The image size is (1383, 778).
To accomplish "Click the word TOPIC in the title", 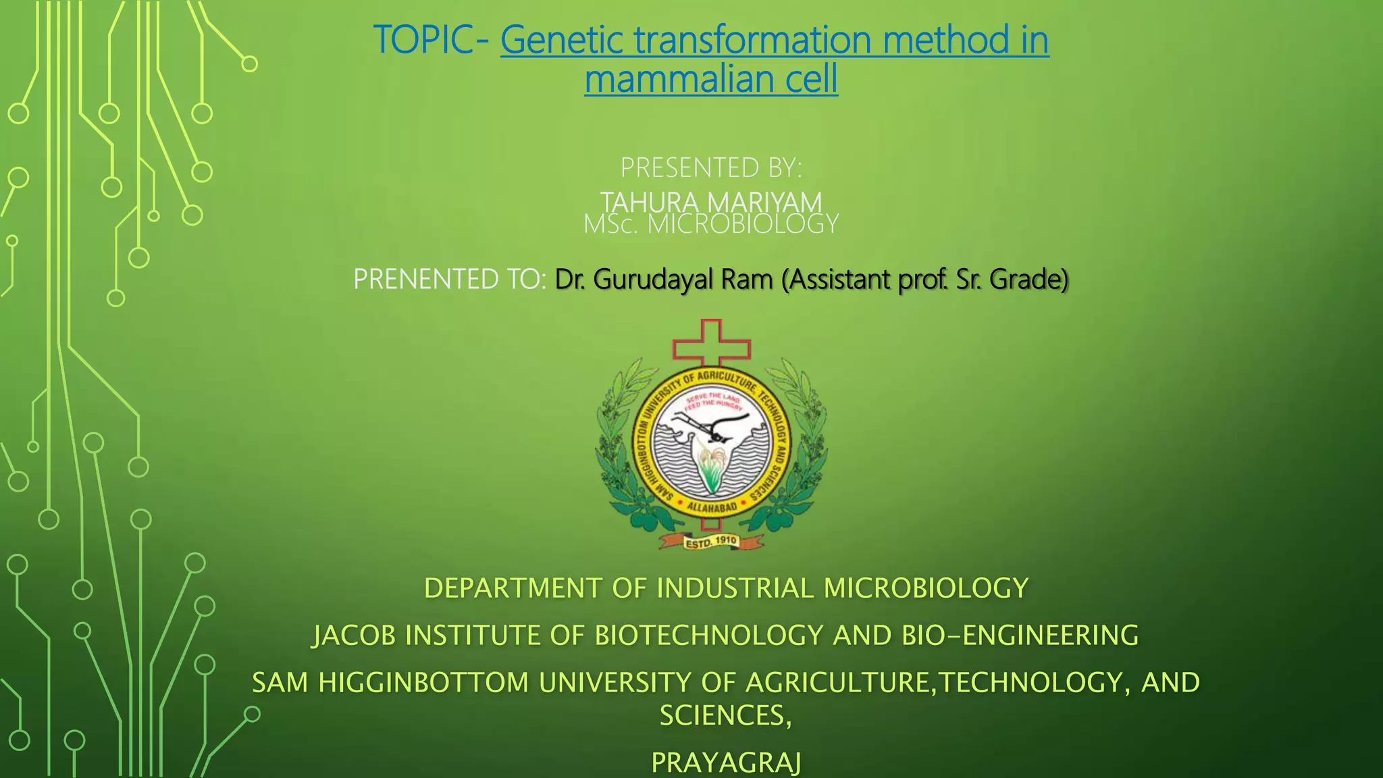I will pos(423,40).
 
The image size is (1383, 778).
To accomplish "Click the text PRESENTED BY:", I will pos(711,167).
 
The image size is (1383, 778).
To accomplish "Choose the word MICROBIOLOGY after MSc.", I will pos(743,224).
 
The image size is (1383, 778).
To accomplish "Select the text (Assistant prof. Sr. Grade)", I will pos(925,279).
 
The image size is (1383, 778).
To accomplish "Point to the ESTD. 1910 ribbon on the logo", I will pos(711,542).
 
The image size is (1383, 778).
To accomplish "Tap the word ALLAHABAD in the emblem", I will pos(711,507).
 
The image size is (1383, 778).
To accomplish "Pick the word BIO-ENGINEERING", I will pos(1020,636).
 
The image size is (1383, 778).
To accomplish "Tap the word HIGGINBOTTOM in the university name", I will pos(423,683).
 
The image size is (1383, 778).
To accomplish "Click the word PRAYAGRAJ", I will pos(726,762).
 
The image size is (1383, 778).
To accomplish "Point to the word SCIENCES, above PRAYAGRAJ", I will pos(725,716).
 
